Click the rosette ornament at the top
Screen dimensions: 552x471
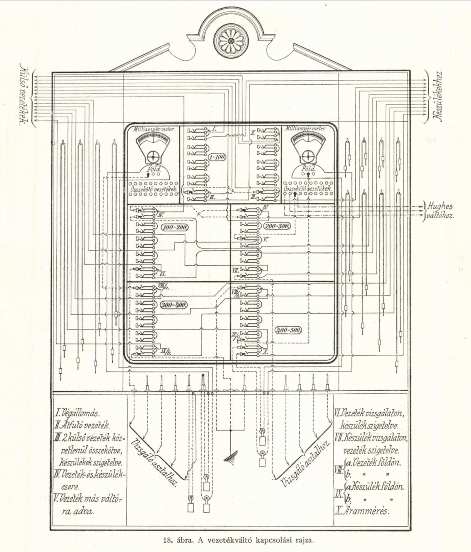(231, 41)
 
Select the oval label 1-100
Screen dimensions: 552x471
(217, 157)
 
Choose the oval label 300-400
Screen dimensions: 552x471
(174, 305)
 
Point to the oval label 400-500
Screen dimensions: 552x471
(288, 330)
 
